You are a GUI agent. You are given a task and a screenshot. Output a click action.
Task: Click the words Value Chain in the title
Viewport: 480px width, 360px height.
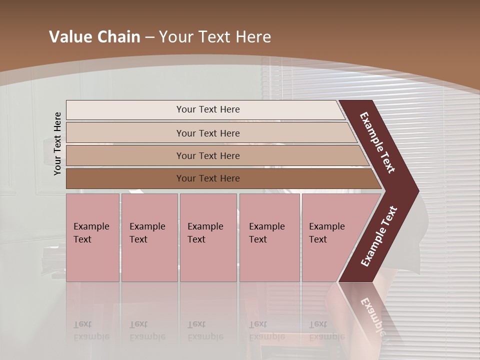tap(94, 37)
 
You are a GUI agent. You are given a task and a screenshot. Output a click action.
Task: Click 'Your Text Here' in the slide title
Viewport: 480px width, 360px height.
tap(215, 37)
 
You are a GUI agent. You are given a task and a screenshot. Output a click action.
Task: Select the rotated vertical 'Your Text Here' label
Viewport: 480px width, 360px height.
tap(57, 143)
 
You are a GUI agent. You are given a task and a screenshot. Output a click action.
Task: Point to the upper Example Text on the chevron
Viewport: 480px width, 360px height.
tap(377, 142)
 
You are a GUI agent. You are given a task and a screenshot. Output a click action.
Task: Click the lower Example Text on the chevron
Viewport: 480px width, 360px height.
tap(378, 236)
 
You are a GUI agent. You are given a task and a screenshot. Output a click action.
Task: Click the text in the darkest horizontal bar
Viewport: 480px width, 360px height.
tap(208, 178)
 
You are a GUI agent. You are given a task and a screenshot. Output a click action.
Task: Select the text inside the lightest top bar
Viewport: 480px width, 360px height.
tap(208, 109)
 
